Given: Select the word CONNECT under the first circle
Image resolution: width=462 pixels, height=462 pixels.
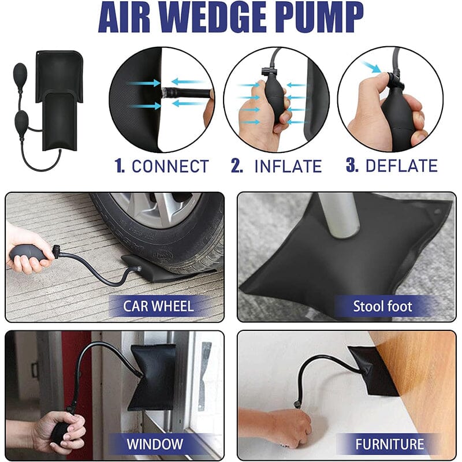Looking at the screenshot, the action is (170, 166).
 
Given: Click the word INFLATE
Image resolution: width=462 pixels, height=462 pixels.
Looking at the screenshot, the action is (288, 166).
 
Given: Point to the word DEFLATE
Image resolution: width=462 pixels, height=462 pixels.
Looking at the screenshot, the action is (401, 166).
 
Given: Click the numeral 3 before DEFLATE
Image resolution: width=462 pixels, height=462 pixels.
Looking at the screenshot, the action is (352, 166).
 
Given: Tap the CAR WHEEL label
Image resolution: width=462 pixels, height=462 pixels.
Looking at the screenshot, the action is (158, 306).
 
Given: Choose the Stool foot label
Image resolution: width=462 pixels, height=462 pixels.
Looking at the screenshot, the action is (382, 307).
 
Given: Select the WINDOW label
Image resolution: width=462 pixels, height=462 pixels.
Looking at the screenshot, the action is (155, 444).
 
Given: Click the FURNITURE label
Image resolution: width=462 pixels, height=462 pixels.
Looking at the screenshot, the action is (389, 444).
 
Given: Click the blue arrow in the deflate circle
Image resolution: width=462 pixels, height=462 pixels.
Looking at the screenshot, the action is (371, 67).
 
